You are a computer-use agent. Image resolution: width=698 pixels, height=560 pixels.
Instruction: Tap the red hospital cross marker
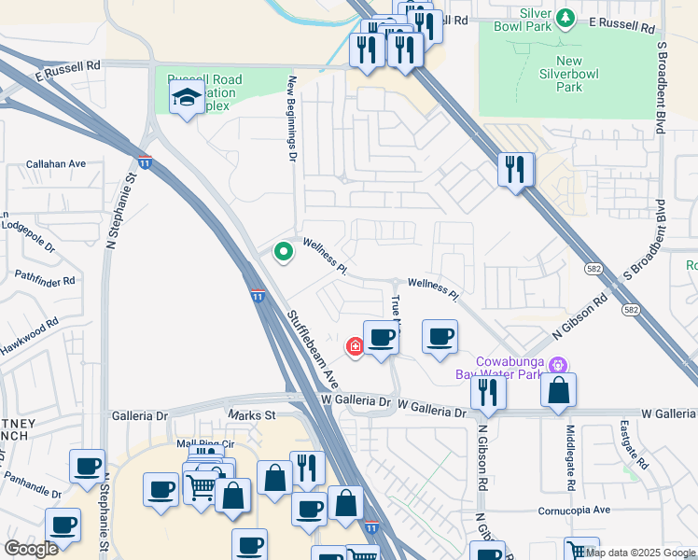pos(355,346)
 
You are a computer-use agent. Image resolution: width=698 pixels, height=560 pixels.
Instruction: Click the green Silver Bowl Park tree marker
pos(565,18)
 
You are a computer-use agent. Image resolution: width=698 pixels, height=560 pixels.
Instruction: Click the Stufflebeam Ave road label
pos(313,350)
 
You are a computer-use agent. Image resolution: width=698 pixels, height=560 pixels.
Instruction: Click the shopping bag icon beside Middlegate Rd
pos(558,390)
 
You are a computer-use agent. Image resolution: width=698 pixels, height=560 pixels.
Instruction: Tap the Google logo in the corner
pos(31,548)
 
